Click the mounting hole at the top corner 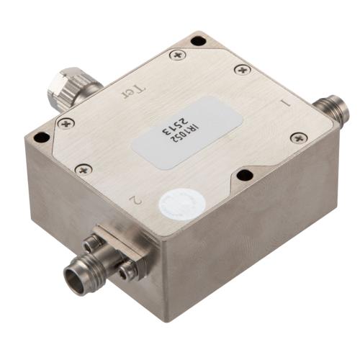point(197,40)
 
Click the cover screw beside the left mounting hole point(66,123)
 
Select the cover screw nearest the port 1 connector point(297,138)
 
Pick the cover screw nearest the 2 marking point(85,170)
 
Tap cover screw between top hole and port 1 point(242,69)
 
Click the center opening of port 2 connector point(74,274)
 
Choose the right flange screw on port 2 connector point(127,270)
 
